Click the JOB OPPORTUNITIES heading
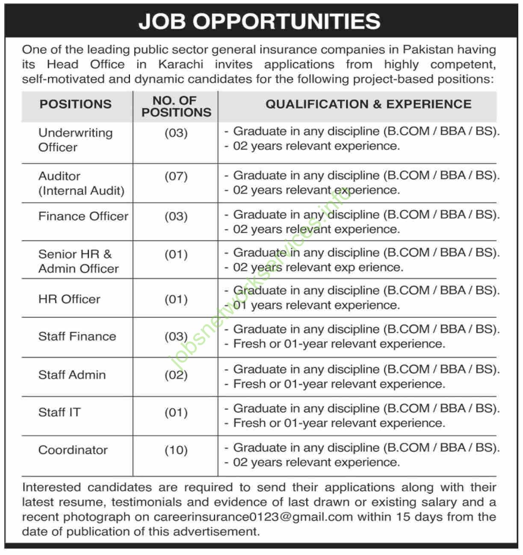pyautogui.click(x=260, y=21)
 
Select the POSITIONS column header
pyautogui.click(x=76, y=104)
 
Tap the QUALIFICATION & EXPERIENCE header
pyautogui.click(x=368, y=104)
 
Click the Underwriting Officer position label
pyautogui.click(x=75, y=140)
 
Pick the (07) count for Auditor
pyautogui.click(x=176, y=176)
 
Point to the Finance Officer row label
pyautogui.click(x=83, y=216)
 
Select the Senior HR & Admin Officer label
pyautogui.click(x=79, y=261)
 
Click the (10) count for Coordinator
pyautogui.click(x=176, y=450)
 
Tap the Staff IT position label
pyautogui.click(x=59, y=412)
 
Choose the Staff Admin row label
pyautogui.click(x=72, y=375)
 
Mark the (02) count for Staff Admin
pyautogui.click(x=176, y=375)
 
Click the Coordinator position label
pyautogui.click(x=73, y=450)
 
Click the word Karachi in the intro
pyautogui.click(x=181, y=65)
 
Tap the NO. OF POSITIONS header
pyautogui.click(x=176, y=106)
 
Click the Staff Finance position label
pyautogui.click(x=77, y=336)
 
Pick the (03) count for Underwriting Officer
pyautogui.click(x=176, y=133)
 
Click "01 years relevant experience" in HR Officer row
pyautogui.click(x=316, y=305)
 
